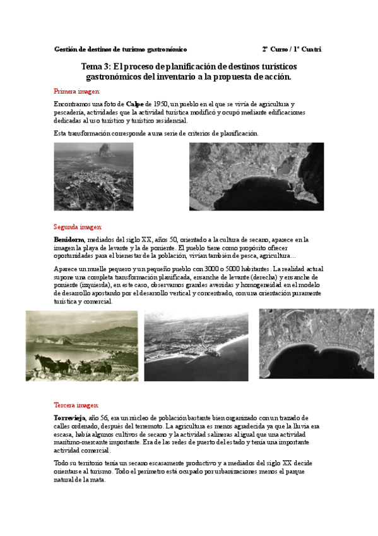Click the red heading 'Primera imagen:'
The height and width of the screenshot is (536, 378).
(x=73, y=91)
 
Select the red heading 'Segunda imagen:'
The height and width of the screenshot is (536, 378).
(x=74, y=226)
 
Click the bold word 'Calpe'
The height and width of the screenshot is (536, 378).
(x=134, y=103)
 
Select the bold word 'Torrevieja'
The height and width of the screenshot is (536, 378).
(x=70, y=418)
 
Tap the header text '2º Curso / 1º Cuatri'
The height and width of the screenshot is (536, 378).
(x=292, y=49)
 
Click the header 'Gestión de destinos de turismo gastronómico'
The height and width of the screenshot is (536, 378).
(x=121, y=49)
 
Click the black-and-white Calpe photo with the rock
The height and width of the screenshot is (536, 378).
(x=93, y=176)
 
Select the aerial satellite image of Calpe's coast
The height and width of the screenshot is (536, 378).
(x=256, y=176)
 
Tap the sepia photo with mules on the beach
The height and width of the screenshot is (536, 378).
(x=81, y=346)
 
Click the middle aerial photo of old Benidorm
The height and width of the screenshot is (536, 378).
(x=198, y=346)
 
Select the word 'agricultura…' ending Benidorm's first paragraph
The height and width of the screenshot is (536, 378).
(x=276, y=256)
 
